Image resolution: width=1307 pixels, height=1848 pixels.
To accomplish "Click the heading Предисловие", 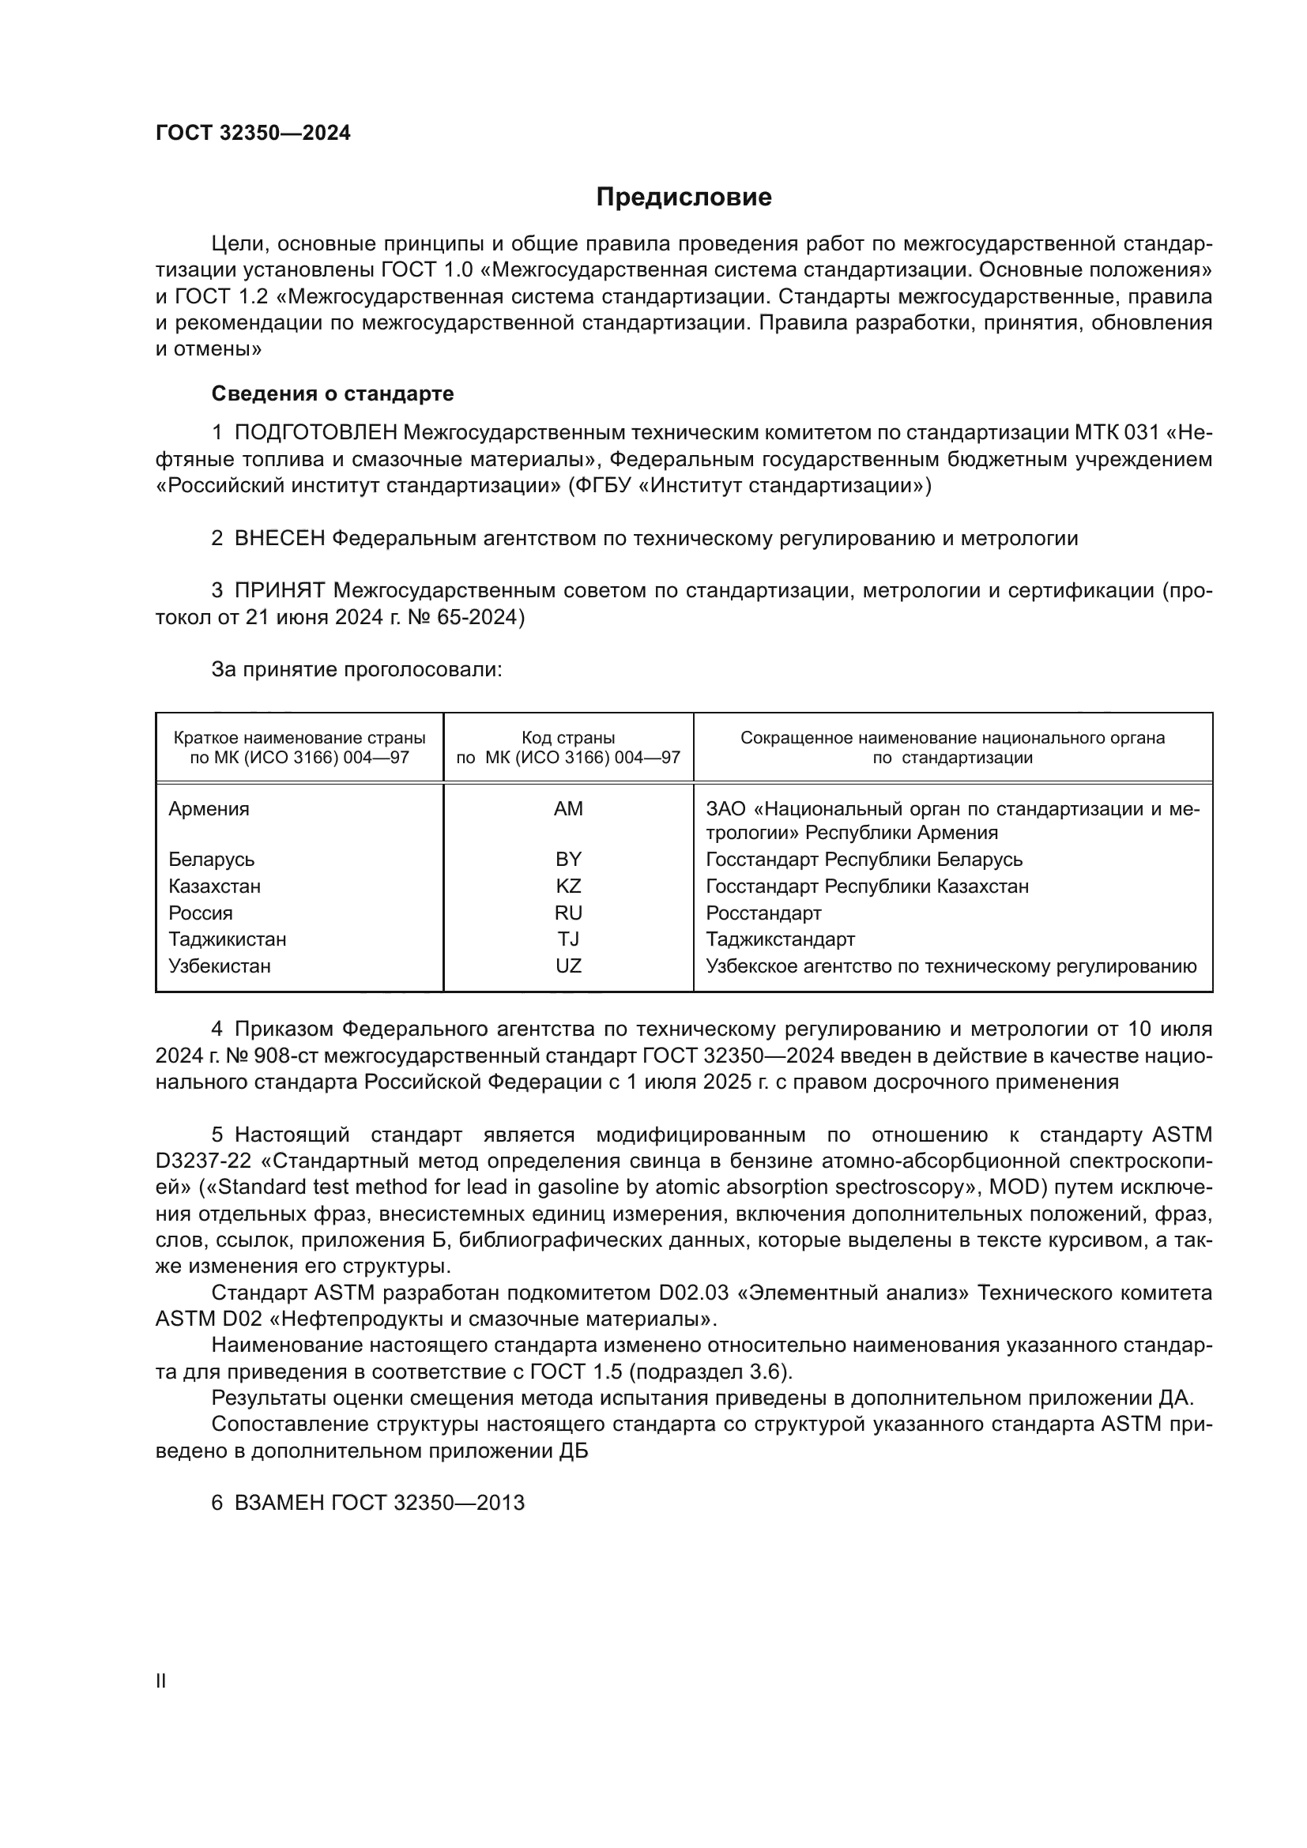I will coord(684,198).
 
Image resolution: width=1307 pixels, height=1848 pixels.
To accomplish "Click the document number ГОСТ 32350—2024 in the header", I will coord(253,134).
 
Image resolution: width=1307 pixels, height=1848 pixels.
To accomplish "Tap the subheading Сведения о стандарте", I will coord(333,393).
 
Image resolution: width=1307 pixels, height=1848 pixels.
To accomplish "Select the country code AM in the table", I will coord(568,809).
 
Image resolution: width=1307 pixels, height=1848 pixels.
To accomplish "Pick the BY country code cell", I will coord(568,860).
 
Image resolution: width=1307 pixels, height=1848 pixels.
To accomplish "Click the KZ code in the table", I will coord(568,886).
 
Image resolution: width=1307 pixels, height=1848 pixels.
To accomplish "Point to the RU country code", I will coord(568,913).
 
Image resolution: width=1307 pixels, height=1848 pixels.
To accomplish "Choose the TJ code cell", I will coord(568,939).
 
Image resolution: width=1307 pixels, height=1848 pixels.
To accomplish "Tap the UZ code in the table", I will coord(568,965).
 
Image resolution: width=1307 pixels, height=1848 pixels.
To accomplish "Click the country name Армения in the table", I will coord(209,809).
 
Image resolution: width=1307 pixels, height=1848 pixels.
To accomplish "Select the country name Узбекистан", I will coord(220,965).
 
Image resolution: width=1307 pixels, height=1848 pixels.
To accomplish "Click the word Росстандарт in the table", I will coord(764,913).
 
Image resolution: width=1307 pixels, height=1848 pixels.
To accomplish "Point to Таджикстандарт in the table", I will coord(781,939).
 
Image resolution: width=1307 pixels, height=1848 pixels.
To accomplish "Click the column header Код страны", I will coord(568,738).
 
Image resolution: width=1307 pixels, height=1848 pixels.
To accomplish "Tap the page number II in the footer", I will coord(161,1681).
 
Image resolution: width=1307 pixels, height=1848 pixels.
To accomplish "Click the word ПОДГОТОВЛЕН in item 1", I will coord(315,433).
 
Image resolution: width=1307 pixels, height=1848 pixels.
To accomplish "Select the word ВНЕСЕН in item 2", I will coord(279,539).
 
